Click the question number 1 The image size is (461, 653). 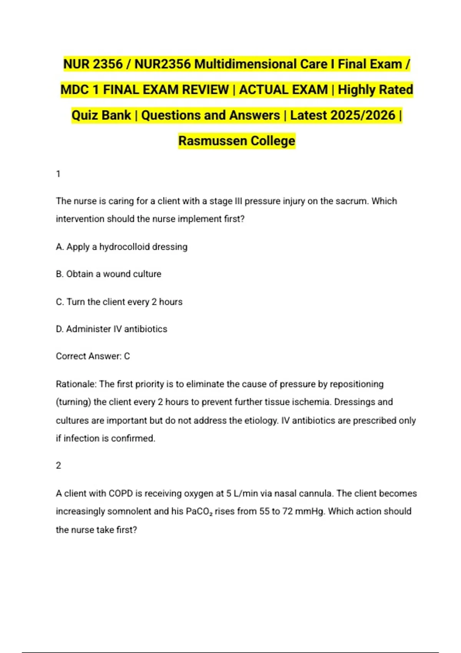(x=58, y=174)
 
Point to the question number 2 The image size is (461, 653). (x=58, y=466)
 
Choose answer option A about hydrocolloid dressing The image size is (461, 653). (x=121, y=247)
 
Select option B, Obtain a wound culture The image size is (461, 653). (x=108, y=274)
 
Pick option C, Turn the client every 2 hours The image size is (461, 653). (x=119, y=302)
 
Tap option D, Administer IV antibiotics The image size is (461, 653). (x=111, y=329)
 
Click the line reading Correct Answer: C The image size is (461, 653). (x=93, y=356)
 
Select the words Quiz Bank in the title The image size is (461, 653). (x=101, y=115)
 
